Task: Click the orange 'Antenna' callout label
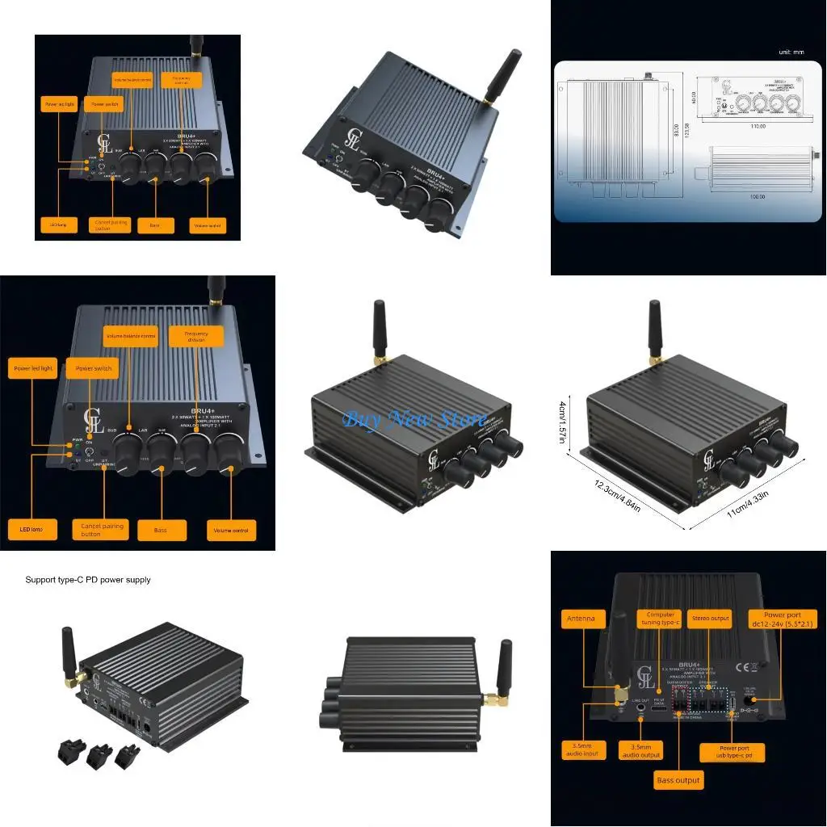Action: (x=580, y=619)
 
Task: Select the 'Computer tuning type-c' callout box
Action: (x=660, y=619)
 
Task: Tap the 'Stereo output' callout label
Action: (x=709, y=619)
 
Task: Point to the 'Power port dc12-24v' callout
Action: (x=782, y=620)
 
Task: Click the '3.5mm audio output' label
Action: (x=640, y=750)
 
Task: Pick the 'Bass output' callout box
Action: (x=678, y=780)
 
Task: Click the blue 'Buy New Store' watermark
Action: (x=414, y=418)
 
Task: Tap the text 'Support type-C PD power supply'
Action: (x=88, y=580)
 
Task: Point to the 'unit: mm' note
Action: (x=791, y=52)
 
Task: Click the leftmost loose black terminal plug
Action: (x=67, y=753)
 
